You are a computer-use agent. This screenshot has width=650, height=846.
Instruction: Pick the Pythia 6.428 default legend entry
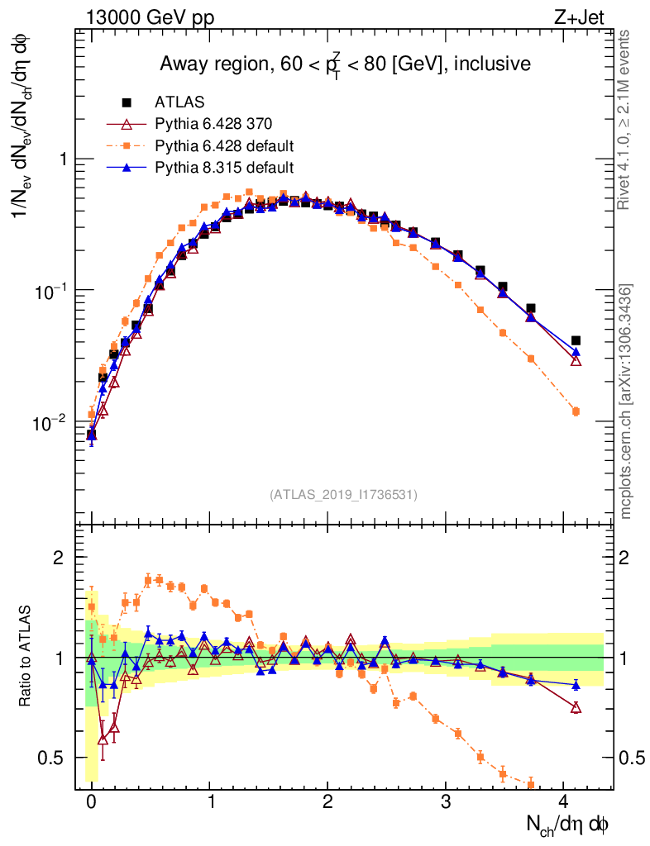pos(224,145)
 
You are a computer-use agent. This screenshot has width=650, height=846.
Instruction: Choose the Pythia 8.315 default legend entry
pos(224,167)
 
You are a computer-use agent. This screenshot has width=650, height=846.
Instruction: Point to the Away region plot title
pos(345,64)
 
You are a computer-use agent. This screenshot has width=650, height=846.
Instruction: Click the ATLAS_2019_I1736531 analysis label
pos(343,495)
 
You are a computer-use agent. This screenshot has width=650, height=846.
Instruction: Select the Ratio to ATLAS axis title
pos(26,658)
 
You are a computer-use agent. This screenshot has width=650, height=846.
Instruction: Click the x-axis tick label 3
pos(446,801)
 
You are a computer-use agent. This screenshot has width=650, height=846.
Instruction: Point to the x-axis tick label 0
pos(92,801)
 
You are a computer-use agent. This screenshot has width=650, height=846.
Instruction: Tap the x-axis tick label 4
pos(563,801)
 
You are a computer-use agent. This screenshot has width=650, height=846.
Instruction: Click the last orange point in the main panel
pos(576,411)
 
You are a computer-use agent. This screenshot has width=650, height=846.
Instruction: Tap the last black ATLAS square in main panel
pos(576,340)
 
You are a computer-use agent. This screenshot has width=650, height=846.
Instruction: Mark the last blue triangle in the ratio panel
pos(576,684)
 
